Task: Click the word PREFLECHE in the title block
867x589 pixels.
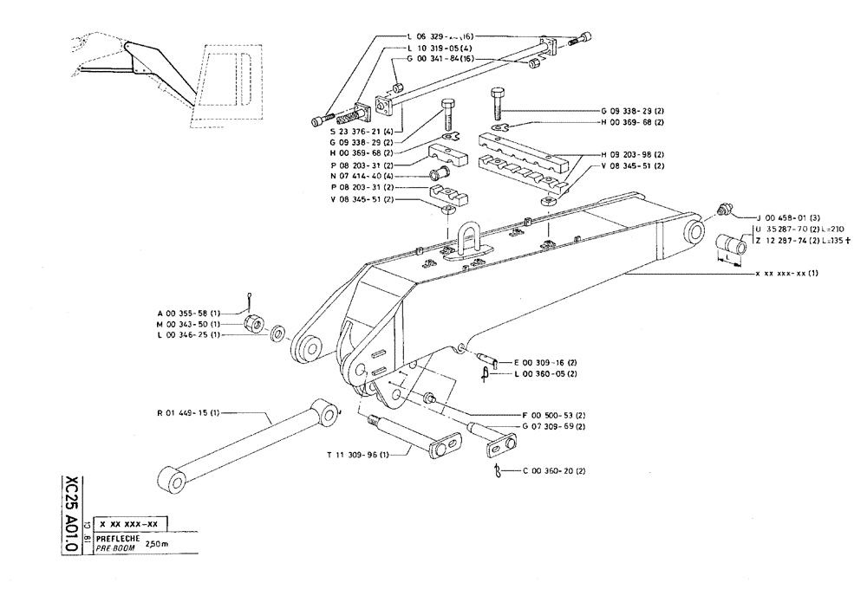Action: tap(118, 539)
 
